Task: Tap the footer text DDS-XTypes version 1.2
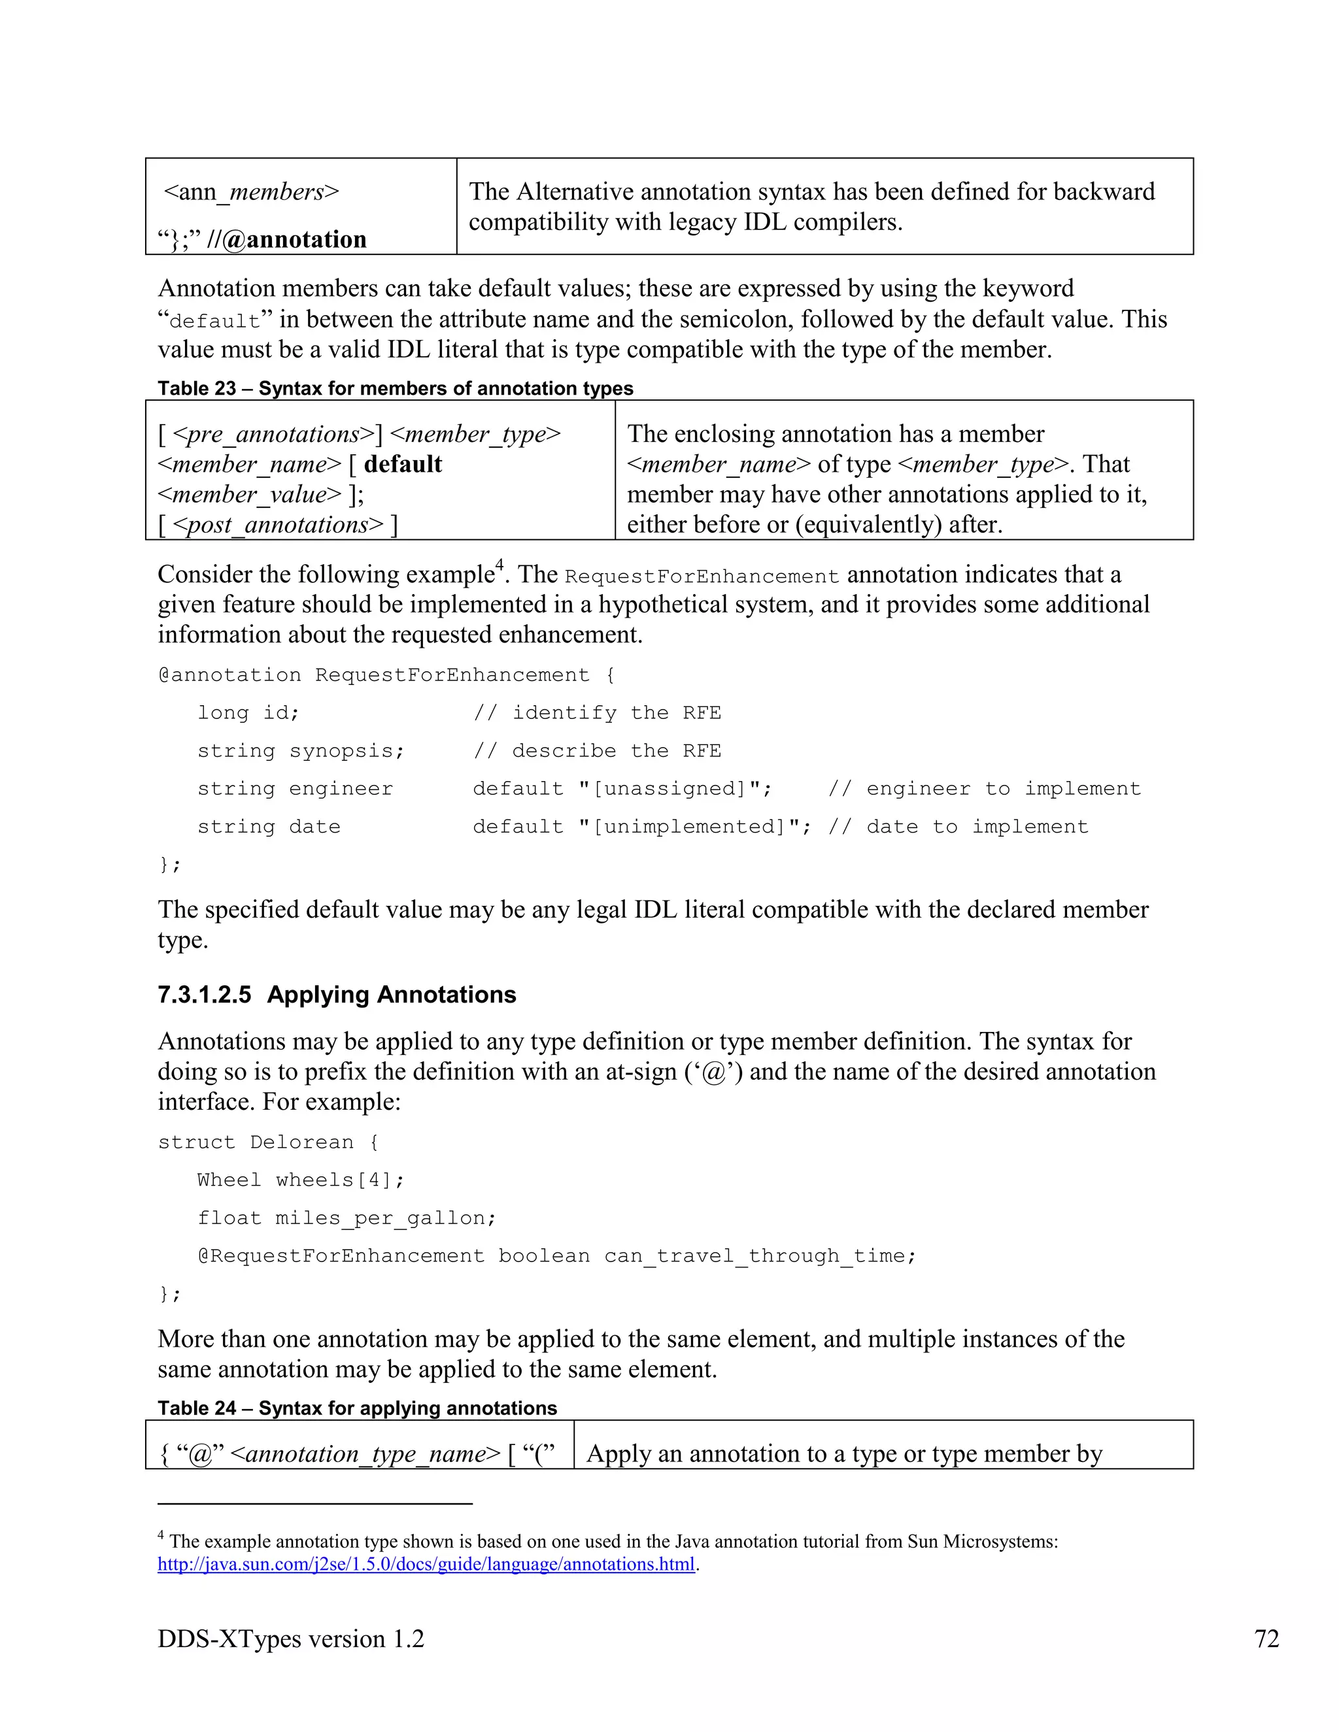tap(290, 1639)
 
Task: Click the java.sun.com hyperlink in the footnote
tap(426, 1565)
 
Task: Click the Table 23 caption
tap(395, 389)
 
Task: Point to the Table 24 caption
tap(357, 1408)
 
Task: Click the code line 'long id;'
tap(248, 713)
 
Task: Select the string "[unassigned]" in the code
tap(674, 789)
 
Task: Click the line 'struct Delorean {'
tap(268, 1142)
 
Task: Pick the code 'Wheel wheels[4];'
tap(301, 1181)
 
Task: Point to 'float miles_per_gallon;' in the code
tap(347, 1219)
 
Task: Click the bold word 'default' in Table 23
tap(403, 465)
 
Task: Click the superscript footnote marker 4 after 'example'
tap(500, 565)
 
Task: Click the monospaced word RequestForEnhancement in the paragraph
tap(702, 576)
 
